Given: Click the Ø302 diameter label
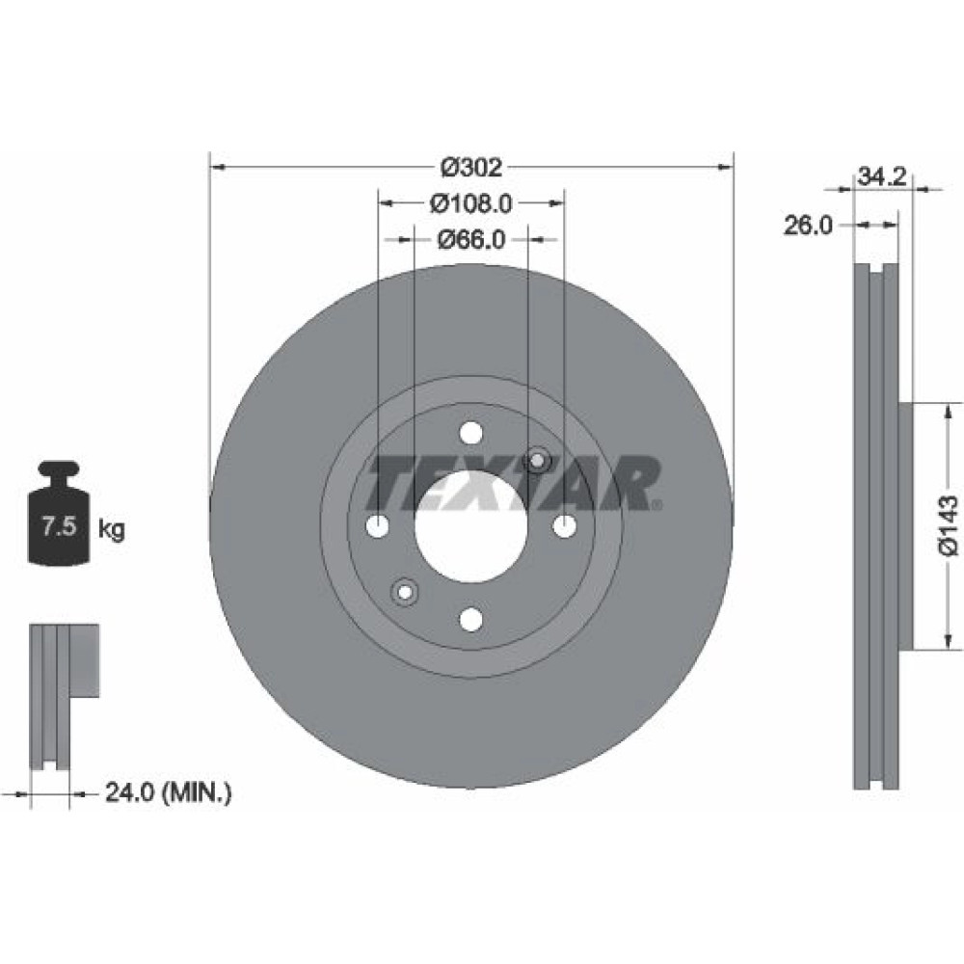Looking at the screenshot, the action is pyautogui.click(x=471, y=167).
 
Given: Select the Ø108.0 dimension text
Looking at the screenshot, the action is pyautogui.click(x=470, y=202).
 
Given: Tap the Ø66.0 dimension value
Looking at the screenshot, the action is pyautogui.click(x=471, y=239).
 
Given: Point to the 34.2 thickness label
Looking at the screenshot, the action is pyautogui.click(x=882, y=177).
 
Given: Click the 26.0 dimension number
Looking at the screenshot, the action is pyautogui.click(x=807, y=226).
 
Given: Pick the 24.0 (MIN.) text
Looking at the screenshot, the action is pyautogui.click(x=168, y=792).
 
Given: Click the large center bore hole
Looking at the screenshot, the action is pyautogui.click(x=471, y=526).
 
